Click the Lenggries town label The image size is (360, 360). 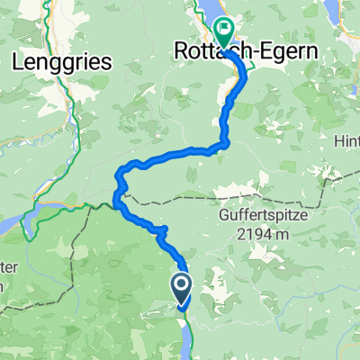[62, 62]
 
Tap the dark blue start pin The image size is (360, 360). [180, 290]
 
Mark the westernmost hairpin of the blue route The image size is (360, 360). [116, 192]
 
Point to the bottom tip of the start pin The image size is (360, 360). [180, 308]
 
